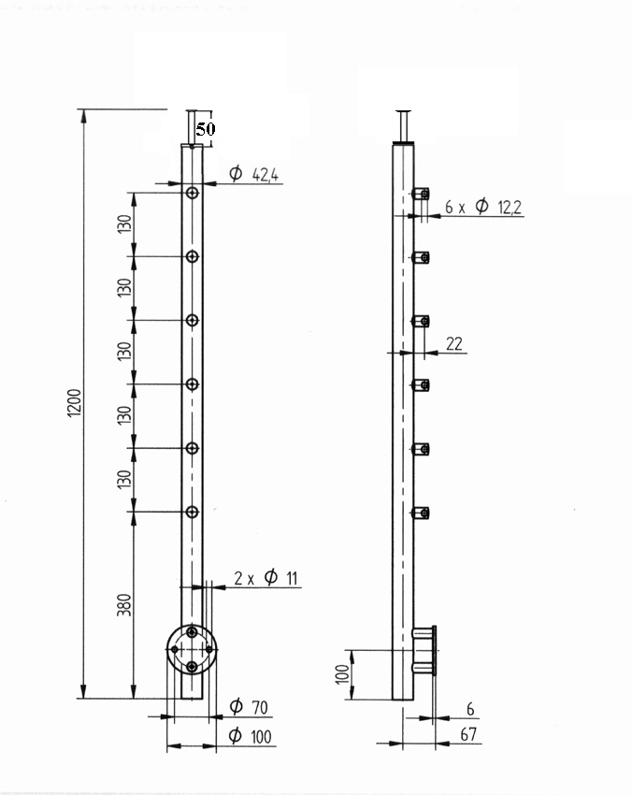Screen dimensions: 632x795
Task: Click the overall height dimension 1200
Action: coord(74,403)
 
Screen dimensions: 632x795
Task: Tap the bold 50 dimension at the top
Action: coord(206,129)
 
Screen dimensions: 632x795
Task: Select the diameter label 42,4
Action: coord(254,174)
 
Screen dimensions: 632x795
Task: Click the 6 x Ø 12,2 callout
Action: coord(483,207)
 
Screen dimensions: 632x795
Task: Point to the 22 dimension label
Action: coord(454,344)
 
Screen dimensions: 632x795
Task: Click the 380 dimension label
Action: coord(124,605)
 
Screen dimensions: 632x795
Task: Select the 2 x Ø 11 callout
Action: coord(266,577)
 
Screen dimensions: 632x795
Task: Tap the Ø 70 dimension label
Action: coord(249,706)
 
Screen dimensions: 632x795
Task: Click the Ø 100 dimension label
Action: coord(250,736)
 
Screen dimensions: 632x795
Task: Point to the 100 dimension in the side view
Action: coord(342,674)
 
